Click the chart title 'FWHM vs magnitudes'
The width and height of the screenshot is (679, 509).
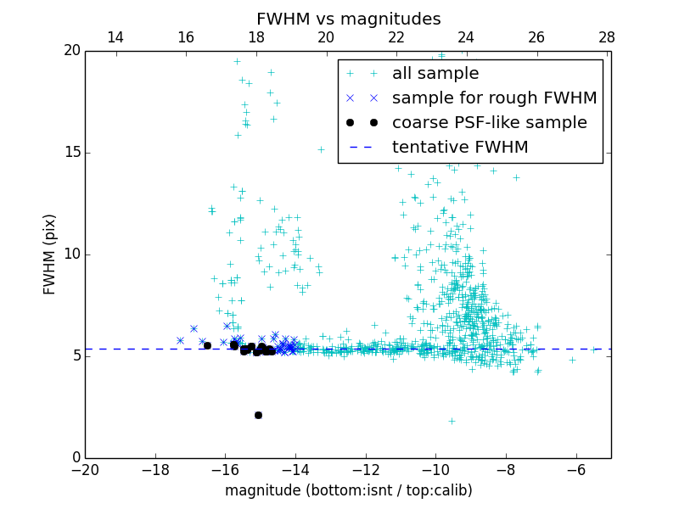coord(348,19)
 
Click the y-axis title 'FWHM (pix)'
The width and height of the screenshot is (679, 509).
coord(50,254)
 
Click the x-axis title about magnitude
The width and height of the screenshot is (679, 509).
coord(348,490)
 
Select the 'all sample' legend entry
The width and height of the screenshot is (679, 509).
coord(435,74)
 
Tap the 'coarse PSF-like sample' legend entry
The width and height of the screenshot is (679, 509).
coord(489,122)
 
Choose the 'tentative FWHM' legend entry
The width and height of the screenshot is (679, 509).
coord(460,147)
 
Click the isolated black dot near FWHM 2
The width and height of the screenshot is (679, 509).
coord(258,415)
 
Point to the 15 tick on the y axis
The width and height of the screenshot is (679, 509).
coord(70,153)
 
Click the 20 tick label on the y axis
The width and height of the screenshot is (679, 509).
coord(70,51)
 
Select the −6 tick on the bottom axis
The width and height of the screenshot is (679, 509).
coord(575,469)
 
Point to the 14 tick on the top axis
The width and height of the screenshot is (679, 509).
coord(115,37)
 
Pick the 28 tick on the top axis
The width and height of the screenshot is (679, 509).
coord(606,37)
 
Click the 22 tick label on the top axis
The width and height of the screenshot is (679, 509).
coord(396,37)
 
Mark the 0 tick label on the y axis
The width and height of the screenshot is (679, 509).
coord(75,458)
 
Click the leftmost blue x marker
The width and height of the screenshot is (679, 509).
coord(180,340)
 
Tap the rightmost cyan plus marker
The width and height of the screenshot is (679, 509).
coord(595,349)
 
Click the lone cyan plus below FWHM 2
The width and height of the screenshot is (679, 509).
coord(452,421)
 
